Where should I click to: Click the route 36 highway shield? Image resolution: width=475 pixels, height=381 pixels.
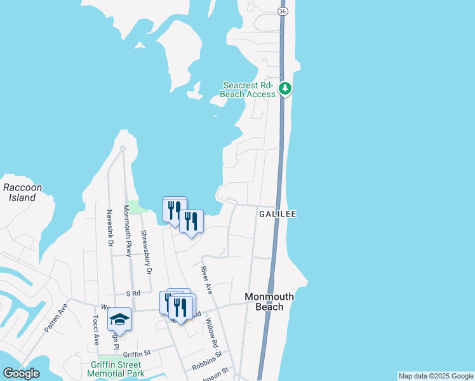coord(283,12)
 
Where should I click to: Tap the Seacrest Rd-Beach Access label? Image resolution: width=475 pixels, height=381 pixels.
coord(248,90)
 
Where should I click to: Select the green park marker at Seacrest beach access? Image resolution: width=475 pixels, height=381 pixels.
coord(286,88)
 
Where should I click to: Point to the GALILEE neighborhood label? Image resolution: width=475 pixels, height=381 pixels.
coord(278,215)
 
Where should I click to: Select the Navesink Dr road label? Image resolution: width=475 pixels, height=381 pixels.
coord(110,229)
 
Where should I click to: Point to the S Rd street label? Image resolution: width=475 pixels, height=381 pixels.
coord(132,294)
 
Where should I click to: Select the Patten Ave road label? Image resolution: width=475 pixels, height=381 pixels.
coord(56,317)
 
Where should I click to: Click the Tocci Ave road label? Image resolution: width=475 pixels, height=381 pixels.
coord(96,331)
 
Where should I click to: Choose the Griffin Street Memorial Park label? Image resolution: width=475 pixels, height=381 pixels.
coord(116,370)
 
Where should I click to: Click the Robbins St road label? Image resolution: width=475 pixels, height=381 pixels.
coord(206,362)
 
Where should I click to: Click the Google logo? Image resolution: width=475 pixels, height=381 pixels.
coord(21,374)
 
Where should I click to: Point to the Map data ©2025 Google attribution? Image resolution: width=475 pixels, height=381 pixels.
coord(436,376)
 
